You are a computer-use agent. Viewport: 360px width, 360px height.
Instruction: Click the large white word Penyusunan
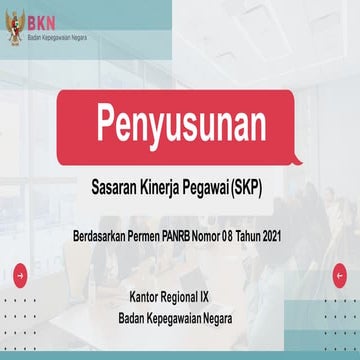pyautogui.click(x=181, y=124)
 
